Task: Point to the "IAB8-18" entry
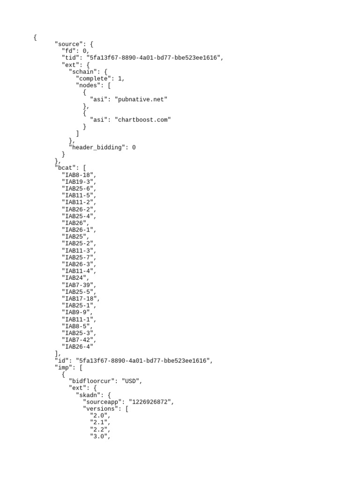pyautogui.click(x=78, y=175)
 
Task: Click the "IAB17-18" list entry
pyautogui.click(x=80, y=299)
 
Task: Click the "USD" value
pyautogui.click(x=131, y=381)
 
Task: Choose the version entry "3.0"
pyautogui.click(x=99, y=436)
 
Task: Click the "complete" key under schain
pyautogui.click(x=95, y=79)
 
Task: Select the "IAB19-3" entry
pyautogui.click(x=78, y=181)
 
